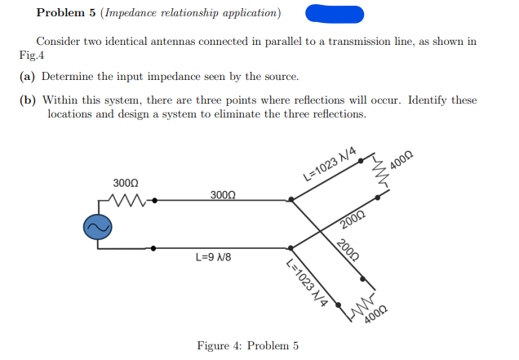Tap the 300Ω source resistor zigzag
pos(130,199)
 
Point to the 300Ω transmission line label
pos(223,196)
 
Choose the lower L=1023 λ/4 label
pos(308,282)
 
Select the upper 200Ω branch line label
pos(353,218)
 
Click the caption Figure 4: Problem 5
pos(247,345)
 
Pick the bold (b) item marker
pos(27,100)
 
